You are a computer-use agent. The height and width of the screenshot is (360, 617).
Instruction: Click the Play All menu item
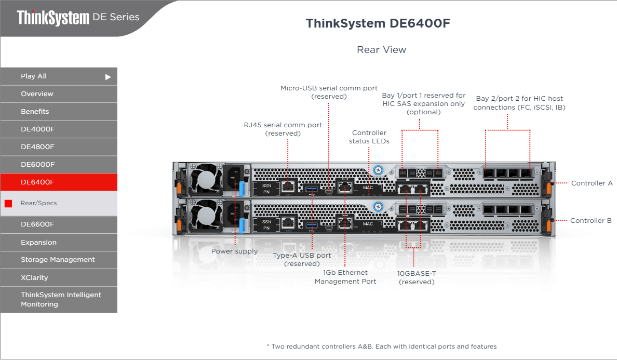59,76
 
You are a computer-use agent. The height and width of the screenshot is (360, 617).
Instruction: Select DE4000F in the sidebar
59,129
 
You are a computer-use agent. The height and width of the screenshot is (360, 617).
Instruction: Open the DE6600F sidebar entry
59,224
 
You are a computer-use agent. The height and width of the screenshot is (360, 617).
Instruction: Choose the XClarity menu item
59,277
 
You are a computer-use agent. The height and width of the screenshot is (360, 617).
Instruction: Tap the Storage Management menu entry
59,260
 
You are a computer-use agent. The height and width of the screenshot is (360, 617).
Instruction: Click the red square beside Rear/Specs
8,204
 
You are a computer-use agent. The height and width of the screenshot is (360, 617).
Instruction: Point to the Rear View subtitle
382,50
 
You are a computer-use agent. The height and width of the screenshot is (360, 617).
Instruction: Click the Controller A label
592,183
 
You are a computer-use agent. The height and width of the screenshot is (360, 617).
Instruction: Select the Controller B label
591,221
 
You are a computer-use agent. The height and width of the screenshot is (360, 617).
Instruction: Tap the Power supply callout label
234,251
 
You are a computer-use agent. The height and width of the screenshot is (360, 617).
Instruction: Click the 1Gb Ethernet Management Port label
345,277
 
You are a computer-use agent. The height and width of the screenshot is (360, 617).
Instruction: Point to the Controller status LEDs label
369,137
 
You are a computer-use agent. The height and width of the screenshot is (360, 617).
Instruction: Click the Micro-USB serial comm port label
329,92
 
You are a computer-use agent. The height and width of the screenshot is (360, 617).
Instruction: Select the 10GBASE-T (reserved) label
416,277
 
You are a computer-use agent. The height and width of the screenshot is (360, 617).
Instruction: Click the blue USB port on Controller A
311,187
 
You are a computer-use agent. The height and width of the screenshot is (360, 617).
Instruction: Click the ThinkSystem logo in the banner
53,18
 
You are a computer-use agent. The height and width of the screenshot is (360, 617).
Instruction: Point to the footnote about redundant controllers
382,346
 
